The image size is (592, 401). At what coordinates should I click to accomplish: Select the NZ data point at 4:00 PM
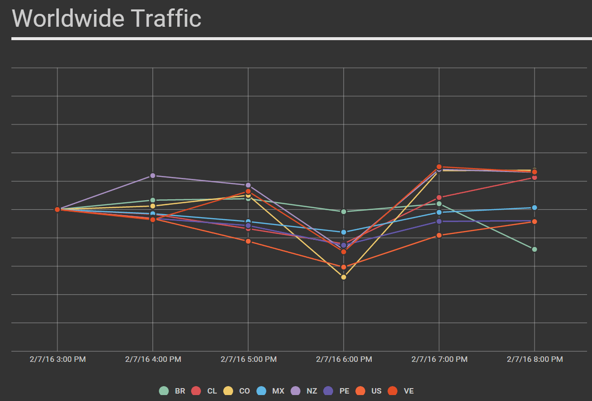click(x=153, y=175)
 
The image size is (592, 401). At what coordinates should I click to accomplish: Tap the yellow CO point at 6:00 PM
click(x=344, y=277)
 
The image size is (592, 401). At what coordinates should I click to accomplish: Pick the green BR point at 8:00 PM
click(x=535, y=249)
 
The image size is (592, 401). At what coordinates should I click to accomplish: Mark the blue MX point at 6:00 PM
click(x=344, y=232)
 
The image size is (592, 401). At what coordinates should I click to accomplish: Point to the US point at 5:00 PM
click(x=248, y=241)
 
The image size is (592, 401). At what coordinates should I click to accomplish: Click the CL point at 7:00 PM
click(x=439, y=198)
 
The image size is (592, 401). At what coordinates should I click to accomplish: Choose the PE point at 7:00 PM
click(x=439, y=222)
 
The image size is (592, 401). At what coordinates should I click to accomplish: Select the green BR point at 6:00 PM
click(x=344, y=212)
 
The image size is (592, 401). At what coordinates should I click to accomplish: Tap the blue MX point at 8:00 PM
click(x=535, y=208)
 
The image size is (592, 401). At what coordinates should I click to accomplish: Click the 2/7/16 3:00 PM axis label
click(x=57, y=359)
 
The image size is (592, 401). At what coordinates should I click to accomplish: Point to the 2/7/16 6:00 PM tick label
click(x=344, y=359)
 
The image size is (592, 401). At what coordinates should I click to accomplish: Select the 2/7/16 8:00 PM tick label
click(x=535, y=359)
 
